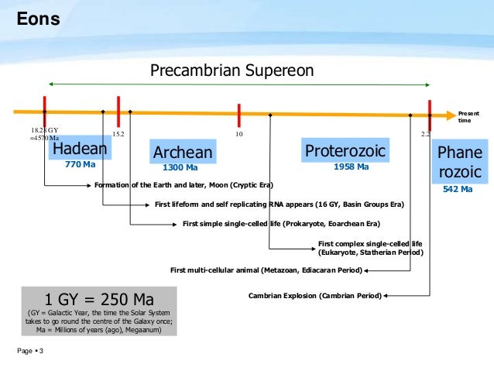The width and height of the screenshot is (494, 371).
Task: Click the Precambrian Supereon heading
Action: point(232,70)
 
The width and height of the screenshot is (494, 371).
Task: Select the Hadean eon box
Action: point(80,149)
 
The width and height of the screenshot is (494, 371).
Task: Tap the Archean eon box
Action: point(182,153)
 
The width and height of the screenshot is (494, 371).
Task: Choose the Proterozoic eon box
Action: point(345,149)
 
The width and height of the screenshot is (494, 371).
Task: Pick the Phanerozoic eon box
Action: point(459,162)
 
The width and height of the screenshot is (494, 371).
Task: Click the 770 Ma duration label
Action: point(80,165)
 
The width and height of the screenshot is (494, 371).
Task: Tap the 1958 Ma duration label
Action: point(351,167)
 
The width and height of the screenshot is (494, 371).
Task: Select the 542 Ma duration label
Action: point(458,188)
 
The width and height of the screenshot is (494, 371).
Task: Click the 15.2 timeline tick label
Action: point(118,134)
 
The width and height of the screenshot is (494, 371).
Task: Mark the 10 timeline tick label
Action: point(239,134)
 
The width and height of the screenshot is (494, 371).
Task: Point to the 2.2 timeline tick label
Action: point(425,134)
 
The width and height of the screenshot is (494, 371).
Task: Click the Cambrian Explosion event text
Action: point(314,295)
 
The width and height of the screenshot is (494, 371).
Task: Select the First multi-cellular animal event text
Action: point(266,270)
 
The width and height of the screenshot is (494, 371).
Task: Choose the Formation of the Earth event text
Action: point(183,185)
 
